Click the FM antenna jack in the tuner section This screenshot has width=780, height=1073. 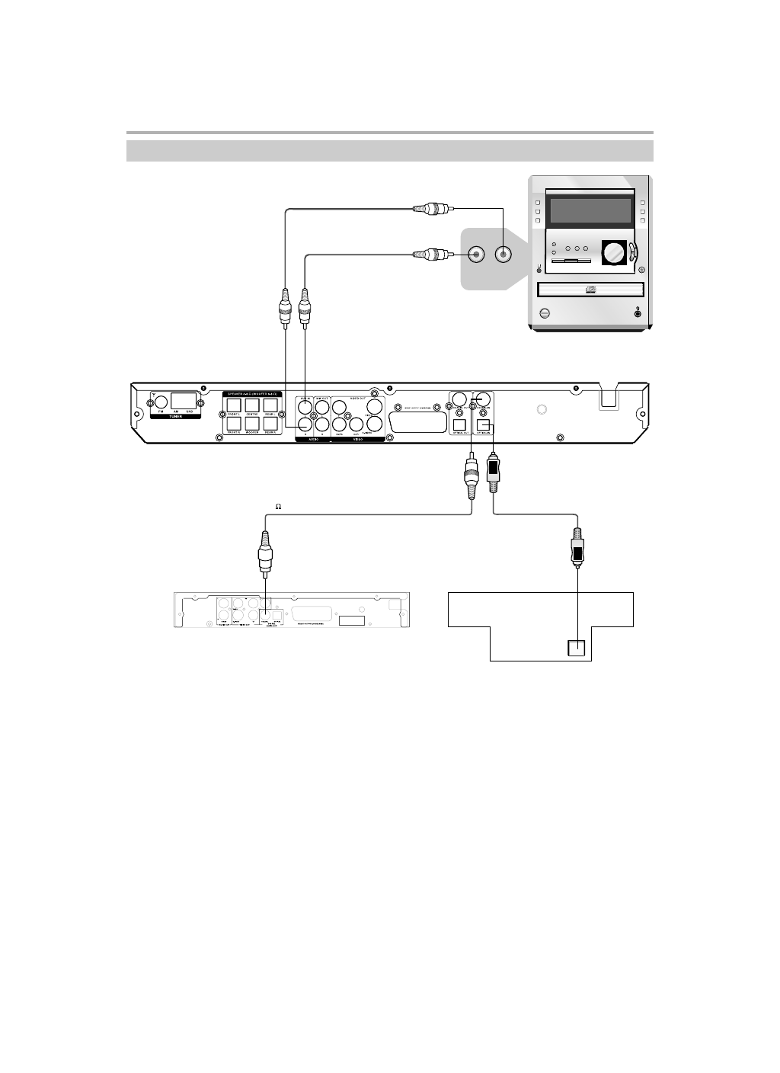pos(161,402)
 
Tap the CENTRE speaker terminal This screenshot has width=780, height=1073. pos(252,405)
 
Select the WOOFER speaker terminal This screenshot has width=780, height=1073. pos(252,422)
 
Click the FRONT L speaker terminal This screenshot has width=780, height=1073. pos(234,405)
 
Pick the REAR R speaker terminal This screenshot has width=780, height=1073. pos(270,422)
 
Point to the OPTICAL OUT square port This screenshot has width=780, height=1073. pos(459,424)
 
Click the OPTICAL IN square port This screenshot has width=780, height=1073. pos(483,424)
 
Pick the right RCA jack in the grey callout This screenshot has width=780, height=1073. pos(503,255)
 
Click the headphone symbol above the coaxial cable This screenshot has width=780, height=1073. pos(279,506)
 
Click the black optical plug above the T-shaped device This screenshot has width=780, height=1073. pos(578,550)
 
